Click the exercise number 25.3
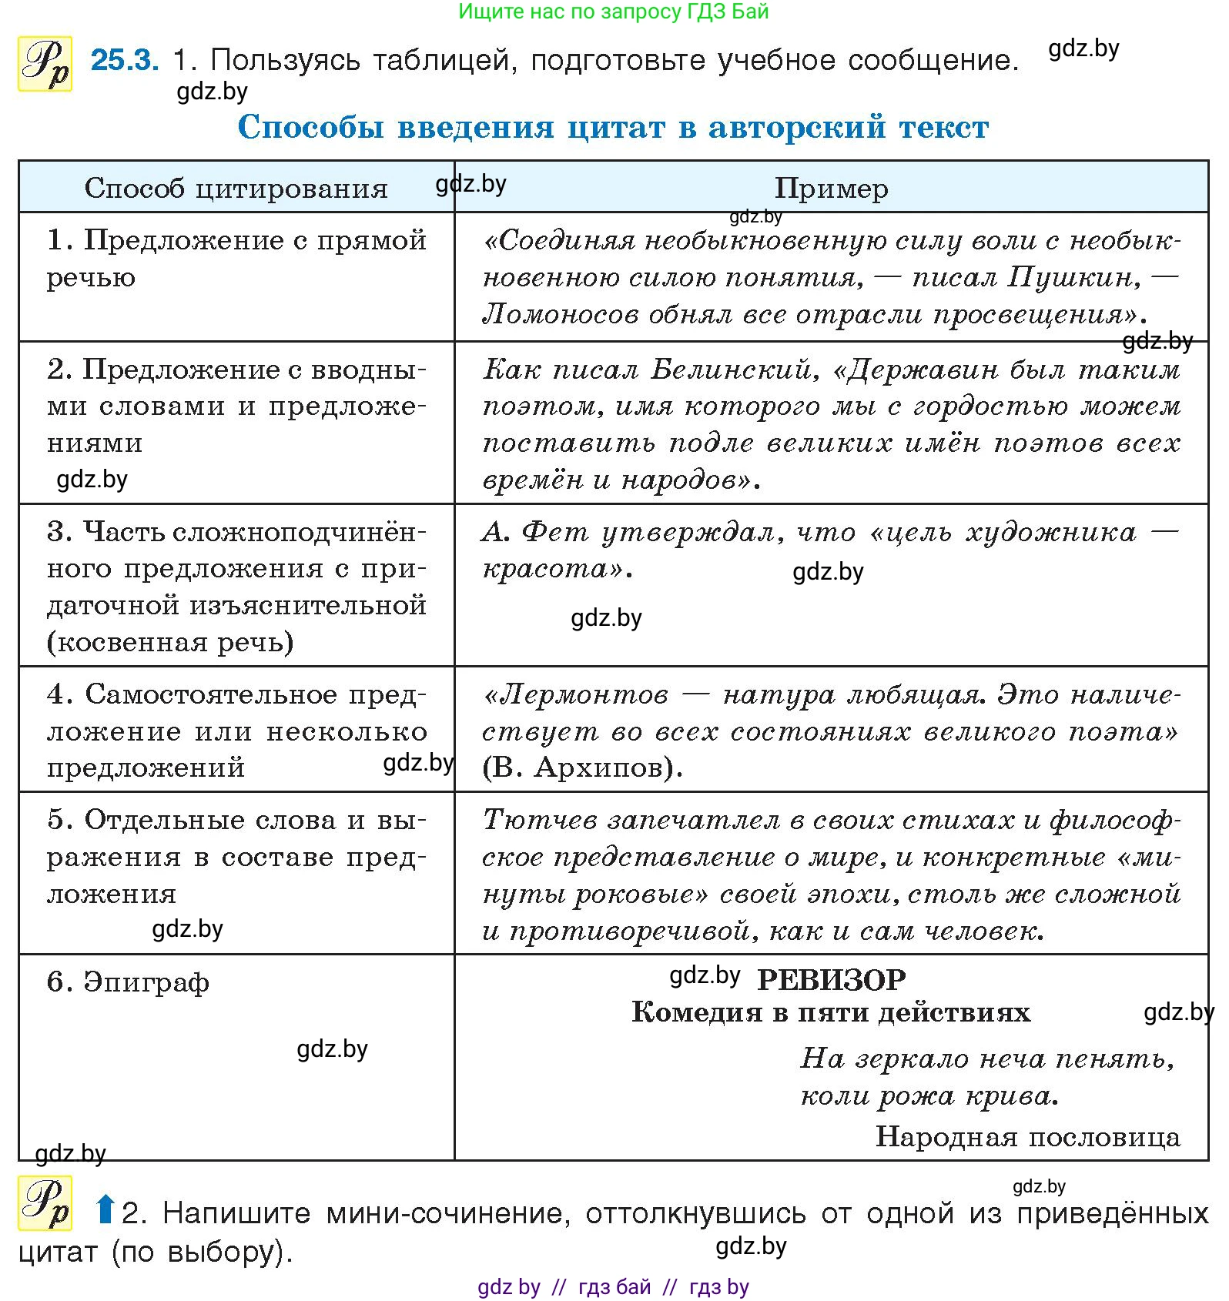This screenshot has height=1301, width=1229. (x=125, y=60)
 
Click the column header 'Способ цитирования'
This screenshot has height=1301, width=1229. (x=236, y=188)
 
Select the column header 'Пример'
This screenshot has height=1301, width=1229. (x=831, y=188)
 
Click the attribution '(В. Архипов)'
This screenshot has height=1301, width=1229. (x=582, y=768)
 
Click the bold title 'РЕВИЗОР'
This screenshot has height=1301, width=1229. (x=831, y=980)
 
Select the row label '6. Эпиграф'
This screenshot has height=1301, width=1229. (x=128, y=982)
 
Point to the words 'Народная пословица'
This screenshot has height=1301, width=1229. (x=1027, y=1136)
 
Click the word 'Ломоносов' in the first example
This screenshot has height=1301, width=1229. (x=560, y=314)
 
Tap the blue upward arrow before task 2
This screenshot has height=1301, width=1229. (x=105, y=1209)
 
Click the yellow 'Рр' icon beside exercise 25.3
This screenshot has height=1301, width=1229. (x=45, y=64)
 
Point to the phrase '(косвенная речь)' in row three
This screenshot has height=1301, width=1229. (x=170, y=642)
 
